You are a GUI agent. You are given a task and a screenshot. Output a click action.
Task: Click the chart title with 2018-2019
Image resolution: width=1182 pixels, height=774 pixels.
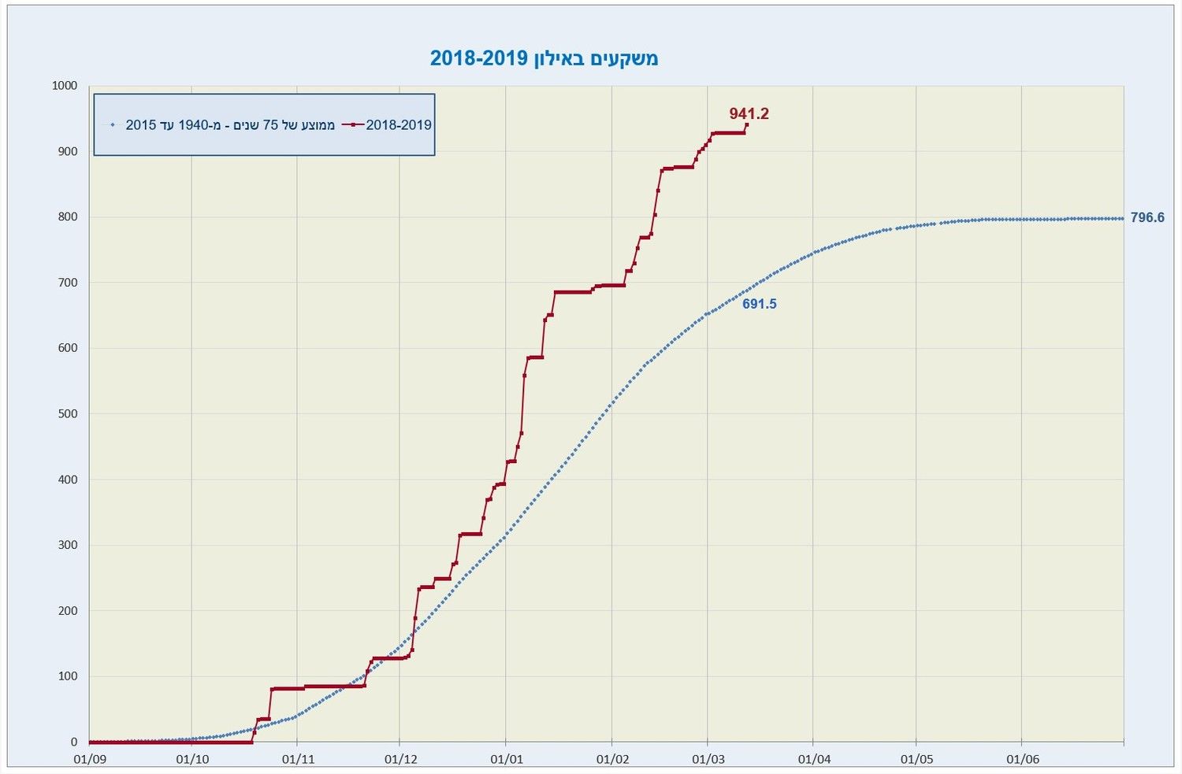[x=544, y=58]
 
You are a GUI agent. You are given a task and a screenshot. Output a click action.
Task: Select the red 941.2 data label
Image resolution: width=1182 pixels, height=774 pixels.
[x=749, y=113]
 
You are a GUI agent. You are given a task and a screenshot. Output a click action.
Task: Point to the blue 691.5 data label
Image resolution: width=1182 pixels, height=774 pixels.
[x=759, y=304]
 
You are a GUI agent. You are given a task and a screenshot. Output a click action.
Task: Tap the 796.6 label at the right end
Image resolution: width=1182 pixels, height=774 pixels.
[x=1147, y=217]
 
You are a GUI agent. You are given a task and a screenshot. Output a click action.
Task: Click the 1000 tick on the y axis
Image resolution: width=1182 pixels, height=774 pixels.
[x=65, y=85]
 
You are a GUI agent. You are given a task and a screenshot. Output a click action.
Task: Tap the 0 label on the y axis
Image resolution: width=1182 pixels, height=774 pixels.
[x=74, y=742]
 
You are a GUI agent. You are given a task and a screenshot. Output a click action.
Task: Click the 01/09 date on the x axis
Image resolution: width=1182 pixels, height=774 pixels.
[x=89, y=759]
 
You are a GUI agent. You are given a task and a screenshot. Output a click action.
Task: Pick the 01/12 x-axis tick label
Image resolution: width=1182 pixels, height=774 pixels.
[x=400, y=759]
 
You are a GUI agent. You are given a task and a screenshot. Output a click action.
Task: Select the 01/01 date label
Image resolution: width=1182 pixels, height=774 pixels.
[x=506, y=759]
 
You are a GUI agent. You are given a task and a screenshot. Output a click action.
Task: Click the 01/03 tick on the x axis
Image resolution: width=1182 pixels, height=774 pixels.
[x=708, y=759]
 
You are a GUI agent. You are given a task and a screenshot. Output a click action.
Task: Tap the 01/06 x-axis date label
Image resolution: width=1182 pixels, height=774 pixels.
[x=1022, y=759]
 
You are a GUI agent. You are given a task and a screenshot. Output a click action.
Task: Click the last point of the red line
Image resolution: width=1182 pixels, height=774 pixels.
[x=746, y=124]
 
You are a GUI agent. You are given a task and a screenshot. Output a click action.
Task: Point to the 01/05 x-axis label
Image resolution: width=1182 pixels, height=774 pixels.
[x=916, y=759]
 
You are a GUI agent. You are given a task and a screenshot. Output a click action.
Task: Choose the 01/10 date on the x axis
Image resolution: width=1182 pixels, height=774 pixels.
[x=192, y=759]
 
